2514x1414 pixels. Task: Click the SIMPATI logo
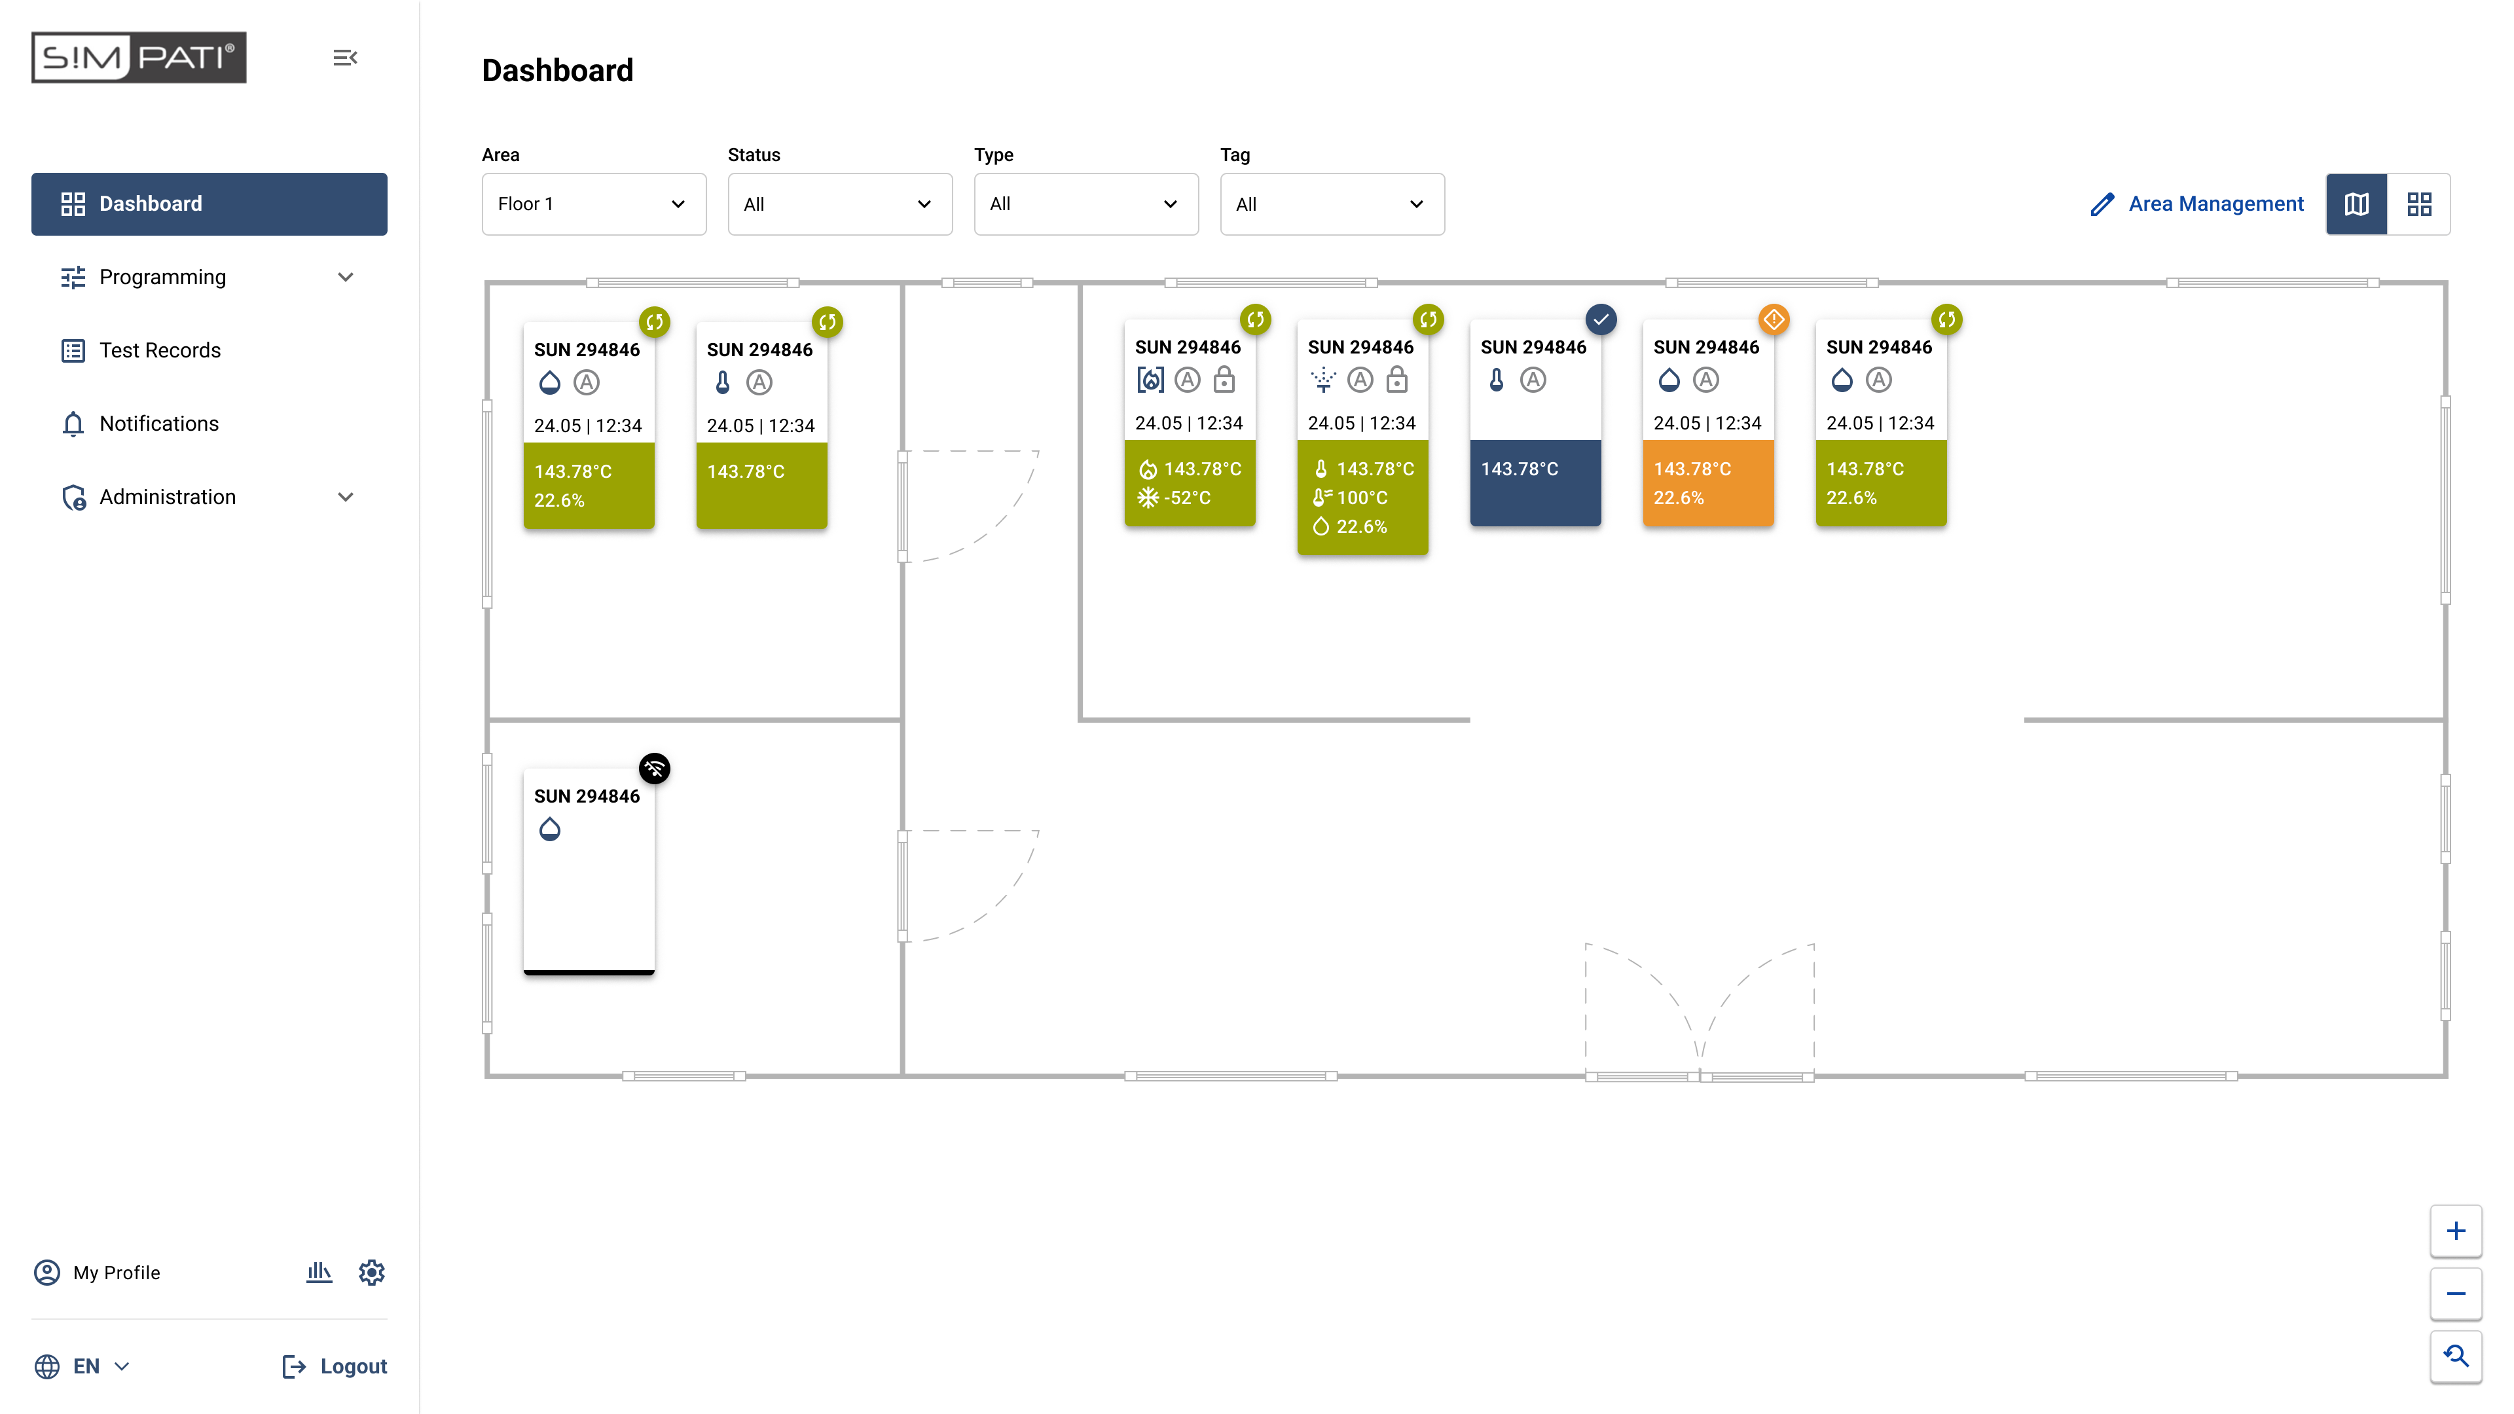point(139,58)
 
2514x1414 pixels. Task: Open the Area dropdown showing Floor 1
point(593,204)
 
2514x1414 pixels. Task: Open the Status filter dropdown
point(839,204)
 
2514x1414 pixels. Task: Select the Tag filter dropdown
point(1331,204)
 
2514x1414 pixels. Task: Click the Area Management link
point(2197,204)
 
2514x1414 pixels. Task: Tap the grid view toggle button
point(2418,204)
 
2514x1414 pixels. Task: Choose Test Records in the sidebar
point(160,350)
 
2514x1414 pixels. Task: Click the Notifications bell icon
point(73,424)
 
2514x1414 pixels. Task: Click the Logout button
point(335,1366)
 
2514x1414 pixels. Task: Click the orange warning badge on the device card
point(1774,319)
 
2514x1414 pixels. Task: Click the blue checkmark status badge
point(1601,319)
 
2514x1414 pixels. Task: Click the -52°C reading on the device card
point(1187,498)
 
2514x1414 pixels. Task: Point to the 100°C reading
point(1362,498)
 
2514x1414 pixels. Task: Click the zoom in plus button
point(2456,1231)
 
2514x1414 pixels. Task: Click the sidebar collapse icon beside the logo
point(344,58)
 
